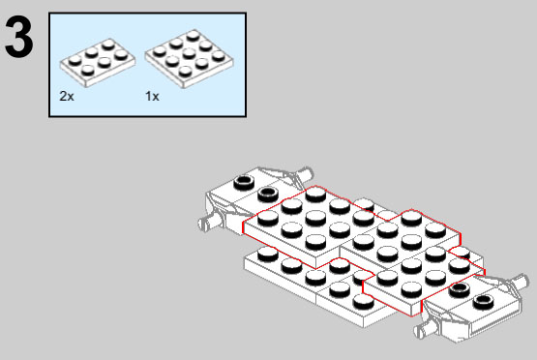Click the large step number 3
pos(19,38)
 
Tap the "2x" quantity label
pos(67,96)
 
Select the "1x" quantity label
pos(152,96)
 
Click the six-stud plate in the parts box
pos(98,62)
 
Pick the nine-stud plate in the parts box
pos(189,59)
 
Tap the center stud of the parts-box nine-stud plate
pos(189,53)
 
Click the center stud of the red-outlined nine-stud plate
pos(315,217)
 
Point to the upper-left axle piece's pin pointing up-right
pos(305,174)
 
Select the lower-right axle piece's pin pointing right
pos(521,281)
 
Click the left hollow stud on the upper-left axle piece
pos(244,182)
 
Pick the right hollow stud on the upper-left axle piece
pos(268,194)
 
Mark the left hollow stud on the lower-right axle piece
pos(459,289)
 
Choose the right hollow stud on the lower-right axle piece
pos(483,301)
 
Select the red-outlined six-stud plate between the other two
pos(400,238)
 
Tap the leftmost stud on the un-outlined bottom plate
pos(268,254)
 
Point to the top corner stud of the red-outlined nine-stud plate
pos(315,194)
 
